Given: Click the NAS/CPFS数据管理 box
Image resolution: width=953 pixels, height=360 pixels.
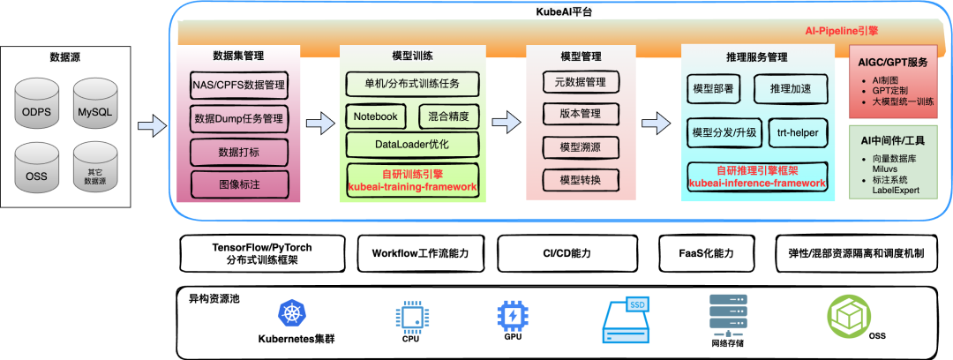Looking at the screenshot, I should (238, 86).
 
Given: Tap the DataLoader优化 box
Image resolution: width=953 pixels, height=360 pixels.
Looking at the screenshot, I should (413, 142).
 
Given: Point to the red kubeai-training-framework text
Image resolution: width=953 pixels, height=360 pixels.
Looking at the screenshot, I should (413, 187).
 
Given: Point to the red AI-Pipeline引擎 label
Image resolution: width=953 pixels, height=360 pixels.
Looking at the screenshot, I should (841, 30).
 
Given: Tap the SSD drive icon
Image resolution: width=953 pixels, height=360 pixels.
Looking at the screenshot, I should (629, 319).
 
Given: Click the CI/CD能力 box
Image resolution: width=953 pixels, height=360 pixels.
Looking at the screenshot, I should (568, 253).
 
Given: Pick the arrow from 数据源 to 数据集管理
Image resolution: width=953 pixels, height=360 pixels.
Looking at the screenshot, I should (153, 125).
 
